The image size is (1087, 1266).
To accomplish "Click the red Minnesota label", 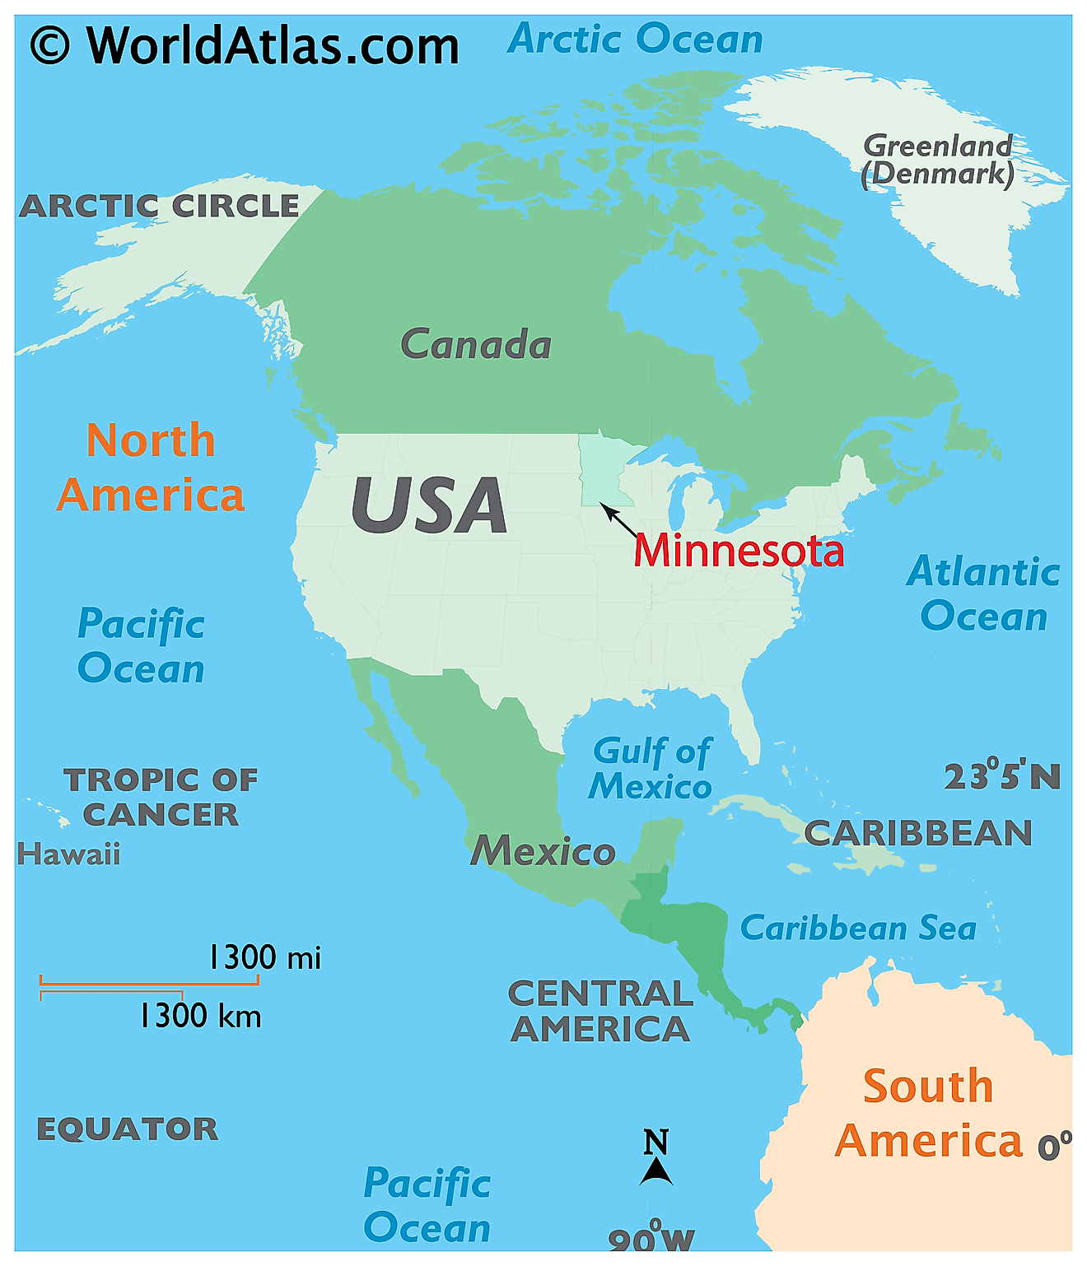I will pyautogui.click(x=739, y=550).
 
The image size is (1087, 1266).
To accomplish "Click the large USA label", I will pyautogui.click(x=429, y=505).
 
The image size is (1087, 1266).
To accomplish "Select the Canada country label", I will pyautogui.click(x=476, y=344).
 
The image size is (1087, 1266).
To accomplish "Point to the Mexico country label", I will pyautogui.click(x=543, y=850).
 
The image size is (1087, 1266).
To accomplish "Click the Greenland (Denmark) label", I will pyautogui.click(x=937, y=160).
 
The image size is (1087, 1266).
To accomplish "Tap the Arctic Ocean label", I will pyautogui.click(x=635, y=39).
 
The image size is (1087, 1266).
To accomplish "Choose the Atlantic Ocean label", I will pyautogui.click(x=983, y=593).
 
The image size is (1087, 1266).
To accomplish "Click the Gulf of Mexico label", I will pyautogui.click(x=651, y=769).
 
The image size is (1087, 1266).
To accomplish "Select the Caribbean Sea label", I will pyautogui.click(x=858, y=929).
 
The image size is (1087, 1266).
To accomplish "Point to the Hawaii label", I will pyautogui.click(x=68, y=854).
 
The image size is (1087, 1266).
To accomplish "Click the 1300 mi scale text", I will pyautogui.click(x=264, y=957).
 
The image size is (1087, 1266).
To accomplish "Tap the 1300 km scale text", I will pyautogui.click(x=199, y=1016).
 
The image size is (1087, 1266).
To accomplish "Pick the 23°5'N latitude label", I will pyautogui.click(x=1001, y=776).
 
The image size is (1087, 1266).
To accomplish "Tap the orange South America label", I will pyautogui.click(x=928, y=1113).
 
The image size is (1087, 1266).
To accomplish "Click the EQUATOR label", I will pyautogui.click(x=128, y=1129).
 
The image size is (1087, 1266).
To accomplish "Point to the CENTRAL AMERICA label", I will pyautogui.click(x=600, y=1011).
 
